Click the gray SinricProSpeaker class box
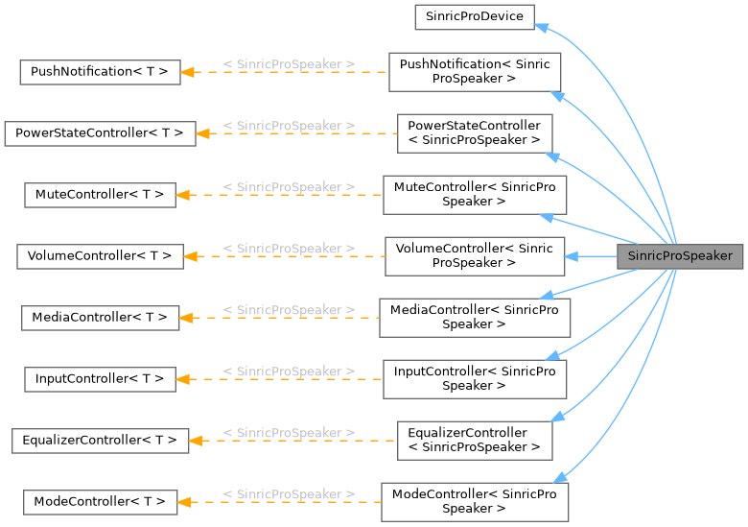click(x=679, y=256)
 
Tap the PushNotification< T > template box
click(x=100, y=72)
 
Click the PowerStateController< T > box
click(x=100, y=133)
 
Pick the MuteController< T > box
click(x=100, y=195)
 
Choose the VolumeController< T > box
click(x=100, y=256)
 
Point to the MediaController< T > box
click(x=100, y=318)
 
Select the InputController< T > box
click(x=100, y=379)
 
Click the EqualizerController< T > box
click(x=100, y=441)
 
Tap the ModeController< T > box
click(x=100, y=502)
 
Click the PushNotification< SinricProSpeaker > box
click(x=474, y=72)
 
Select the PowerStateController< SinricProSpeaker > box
click(x=474, y=133)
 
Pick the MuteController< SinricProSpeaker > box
click(x=474, y=195)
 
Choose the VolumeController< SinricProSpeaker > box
click(x=474, y=256)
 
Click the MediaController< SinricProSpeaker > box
click(x=474, y=318)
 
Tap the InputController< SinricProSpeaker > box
click(x=474, y=379)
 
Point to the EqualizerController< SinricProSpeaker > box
click(x=474, y=441)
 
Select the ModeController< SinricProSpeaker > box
click(x=474, y=502)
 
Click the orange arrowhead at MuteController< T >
click(x=184, y=195)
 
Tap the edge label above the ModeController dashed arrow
click(x=289, y=494)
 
